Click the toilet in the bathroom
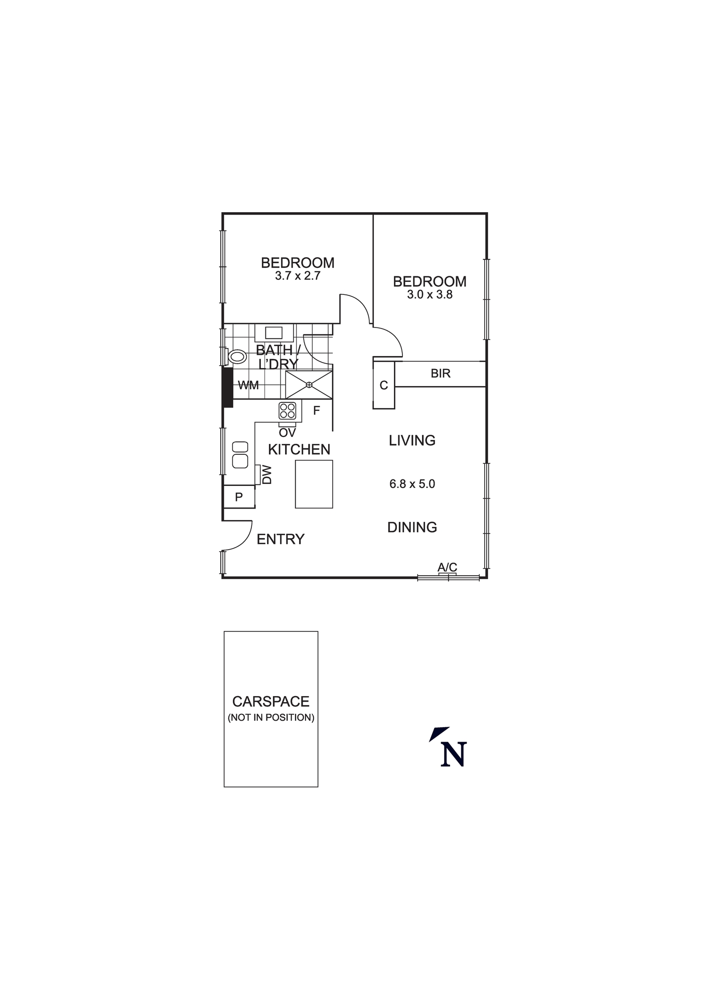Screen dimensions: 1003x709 [237, 357]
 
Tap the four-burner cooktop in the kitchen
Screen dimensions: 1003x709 [288, 411]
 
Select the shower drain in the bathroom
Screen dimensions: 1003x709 [309, 385]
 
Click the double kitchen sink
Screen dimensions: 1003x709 [240, 454]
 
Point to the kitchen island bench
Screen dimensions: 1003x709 [314, 484]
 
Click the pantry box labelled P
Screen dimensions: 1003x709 [239, 497]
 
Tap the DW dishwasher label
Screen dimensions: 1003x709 [267, 474]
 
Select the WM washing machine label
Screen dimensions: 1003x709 [248, 385]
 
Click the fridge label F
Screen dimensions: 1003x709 [317, 411]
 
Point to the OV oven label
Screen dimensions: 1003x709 [288, 432]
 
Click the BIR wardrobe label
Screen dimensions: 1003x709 [441, 374]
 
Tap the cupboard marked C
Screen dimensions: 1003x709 [384, 385]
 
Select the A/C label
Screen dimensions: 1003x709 [447, 567]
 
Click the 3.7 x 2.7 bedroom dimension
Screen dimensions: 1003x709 [298, 276]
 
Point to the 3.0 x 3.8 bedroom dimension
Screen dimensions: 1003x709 [430, 295]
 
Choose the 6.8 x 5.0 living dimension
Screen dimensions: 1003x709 [412, 484]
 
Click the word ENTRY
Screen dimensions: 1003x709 [280, 539]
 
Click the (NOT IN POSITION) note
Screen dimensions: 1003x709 [271, 718]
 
